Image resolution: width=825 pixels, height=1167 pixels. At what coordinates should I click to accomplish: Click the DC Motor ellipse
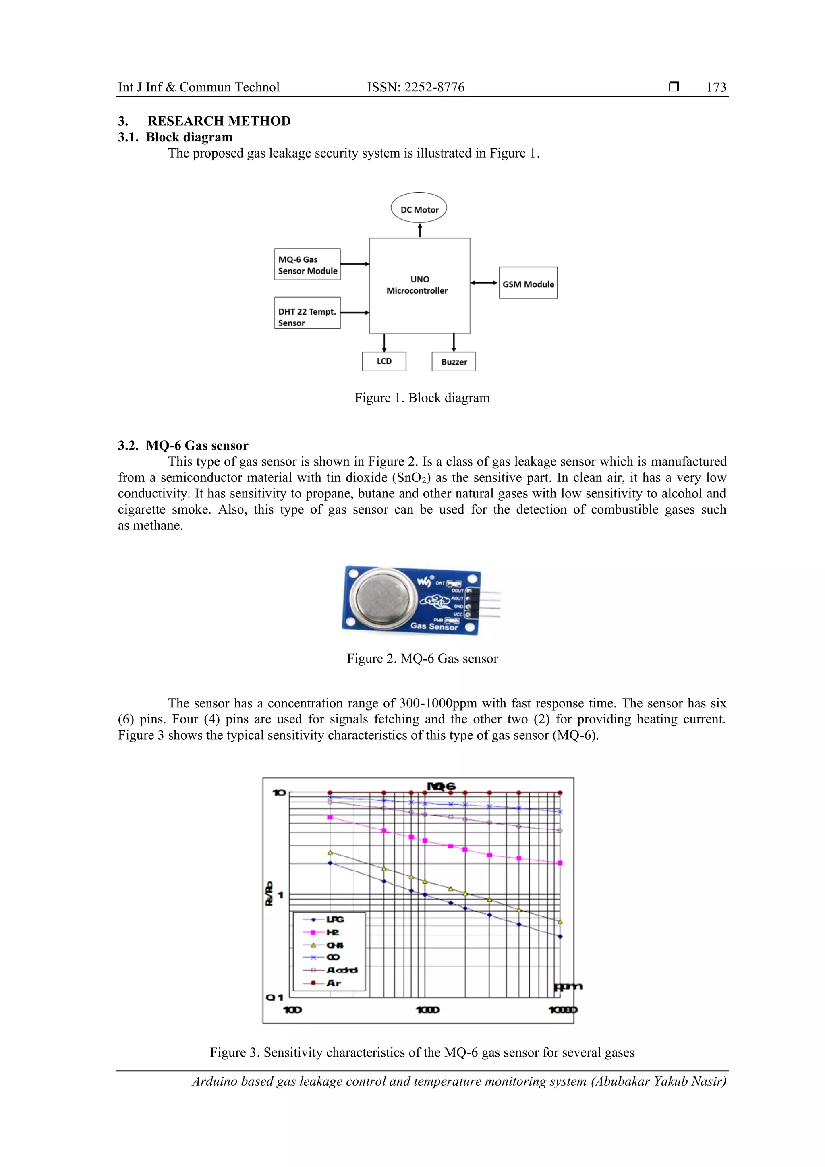(x=419, y=208)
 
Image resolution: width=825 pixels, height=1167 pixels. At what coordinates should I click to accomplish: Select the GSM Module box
(x=528, y=283)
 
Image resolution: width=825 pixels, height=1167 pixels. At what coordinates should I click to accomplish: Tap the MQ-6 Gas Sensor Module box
(x=307, y=264)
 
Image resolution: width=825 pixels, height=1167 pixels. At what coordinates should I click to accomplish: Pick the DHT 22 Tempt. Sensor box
(x=307, y=313)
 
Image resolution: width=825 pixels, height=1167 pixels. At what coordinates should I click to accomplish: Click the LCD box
(x=384, y=361)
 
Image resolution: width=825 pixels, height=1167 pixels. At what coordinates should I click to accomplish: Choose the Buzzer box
(x=454, y=362)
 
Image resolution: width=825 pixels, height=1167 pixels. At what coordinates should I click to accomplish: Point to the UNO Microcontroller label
(x=418, y=285)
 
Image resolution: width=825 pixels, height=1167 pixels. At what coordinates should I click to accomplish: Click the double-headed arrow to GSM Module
(x=484, y=283)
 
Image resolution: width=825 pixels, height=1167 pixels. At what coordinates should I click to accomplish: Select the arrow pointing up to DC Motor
(x=420, y=230)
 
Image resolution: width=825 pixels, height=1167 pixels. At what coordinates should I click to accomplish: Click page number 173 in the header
(x=716, y=87)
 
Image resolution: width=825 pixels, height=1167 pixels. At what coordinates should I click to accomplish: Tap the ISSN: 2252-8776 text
(x=415, y=87)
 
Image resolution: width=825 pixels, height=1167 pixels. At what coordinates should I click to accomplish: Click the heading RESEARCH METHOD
(x=219, y=121)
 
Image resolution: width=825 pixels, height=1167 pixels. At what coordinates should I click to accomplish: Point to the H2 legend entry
(x=332, y=932)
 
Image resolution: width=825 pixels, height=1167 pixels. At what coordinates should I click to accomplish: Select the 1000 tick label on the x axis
(x=427, y=1009)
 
